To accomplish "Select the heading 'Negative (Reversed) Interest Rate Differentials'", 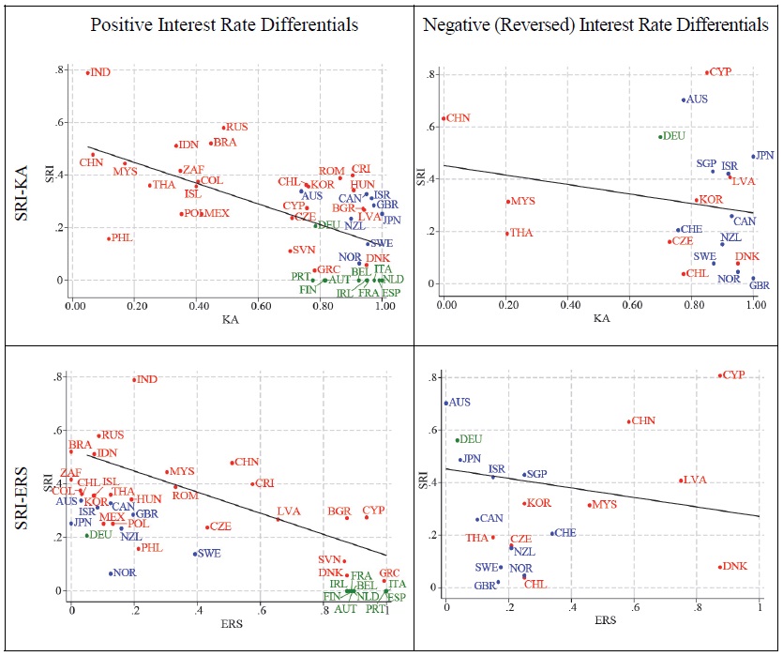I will coord(596,25).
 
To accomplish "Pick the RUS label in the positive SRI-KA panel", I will coord(236,127).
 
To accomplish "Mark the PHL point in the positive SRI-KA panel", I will coord(109,238).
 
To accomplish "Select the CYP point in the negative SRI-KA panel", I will coord(707,72).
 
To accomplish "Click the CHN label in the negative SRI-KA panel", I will coord(459,118).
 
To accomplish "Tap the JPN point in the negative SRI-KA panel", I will coord(752,157).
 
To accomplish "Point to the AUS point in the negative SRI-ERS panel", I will coord(446,403).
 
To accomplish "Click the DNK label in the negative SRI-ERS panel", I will coord(736,567).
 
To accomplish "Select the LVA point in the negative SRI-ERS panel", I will coord(682,481).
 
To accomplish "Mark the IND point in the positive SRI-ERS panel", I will coord(134,380).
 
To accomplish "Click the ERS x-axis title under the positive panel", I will coord(229,621).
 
